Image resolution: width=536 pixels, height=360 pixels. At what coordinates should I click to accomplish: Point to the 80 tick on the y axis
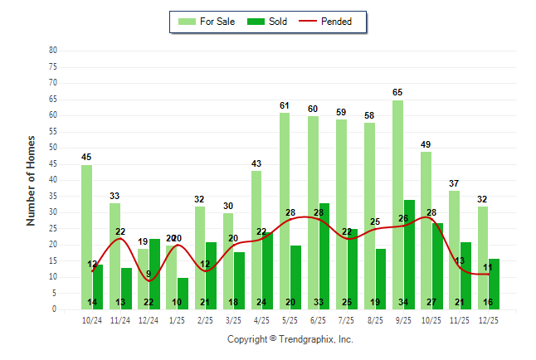pyautogui.click(x=53, y=50)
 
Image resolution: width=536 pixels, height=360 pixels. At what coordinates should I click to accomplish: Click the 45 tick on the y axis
pyautogui.click(x=53, y=163)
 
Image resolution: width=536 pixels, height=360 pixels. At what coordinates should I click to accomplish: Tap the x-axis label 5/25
pyautogui.click(x=290, y=319)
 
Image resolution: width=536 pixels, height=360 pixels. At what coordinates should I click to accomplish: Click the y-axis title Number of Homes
pyautogui.click(x=32, y=180)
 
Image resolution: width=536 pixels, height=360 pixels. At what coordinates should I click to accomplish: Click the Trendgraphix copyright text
pyautogui.click(x=290, y=339)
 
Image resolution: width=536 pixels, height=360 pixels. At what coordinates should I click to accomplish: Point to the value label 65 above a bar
pyautogui.click(x=398, y=92)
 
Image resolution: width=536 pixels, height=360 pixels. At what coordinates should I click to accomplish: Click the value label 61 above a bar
pyautogui.click(x=285, y=105)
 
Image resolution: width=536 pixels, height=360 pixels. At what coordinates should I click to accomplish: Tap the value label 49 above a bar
pyautogui.click(x=426, y=144)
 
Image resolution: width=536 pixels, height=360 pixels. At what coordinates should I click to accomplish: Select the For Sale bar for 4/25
pyautogui.click(x=256, y=240)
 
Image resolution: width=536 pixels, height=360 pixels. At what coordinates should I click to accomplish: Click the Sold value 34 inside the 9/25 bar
pyautogui.click(x=409, y=302)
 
